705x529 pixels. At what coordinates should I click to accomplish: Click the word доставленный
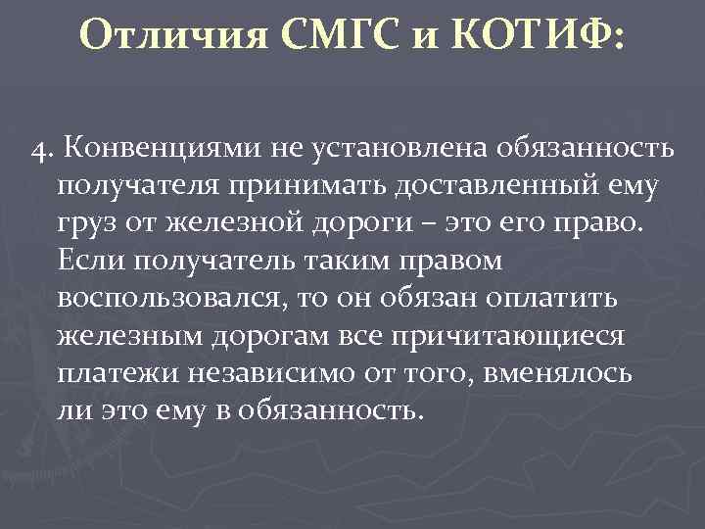(473, 186)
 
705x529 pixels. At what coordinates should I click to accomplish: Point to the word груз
(86, 223)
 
